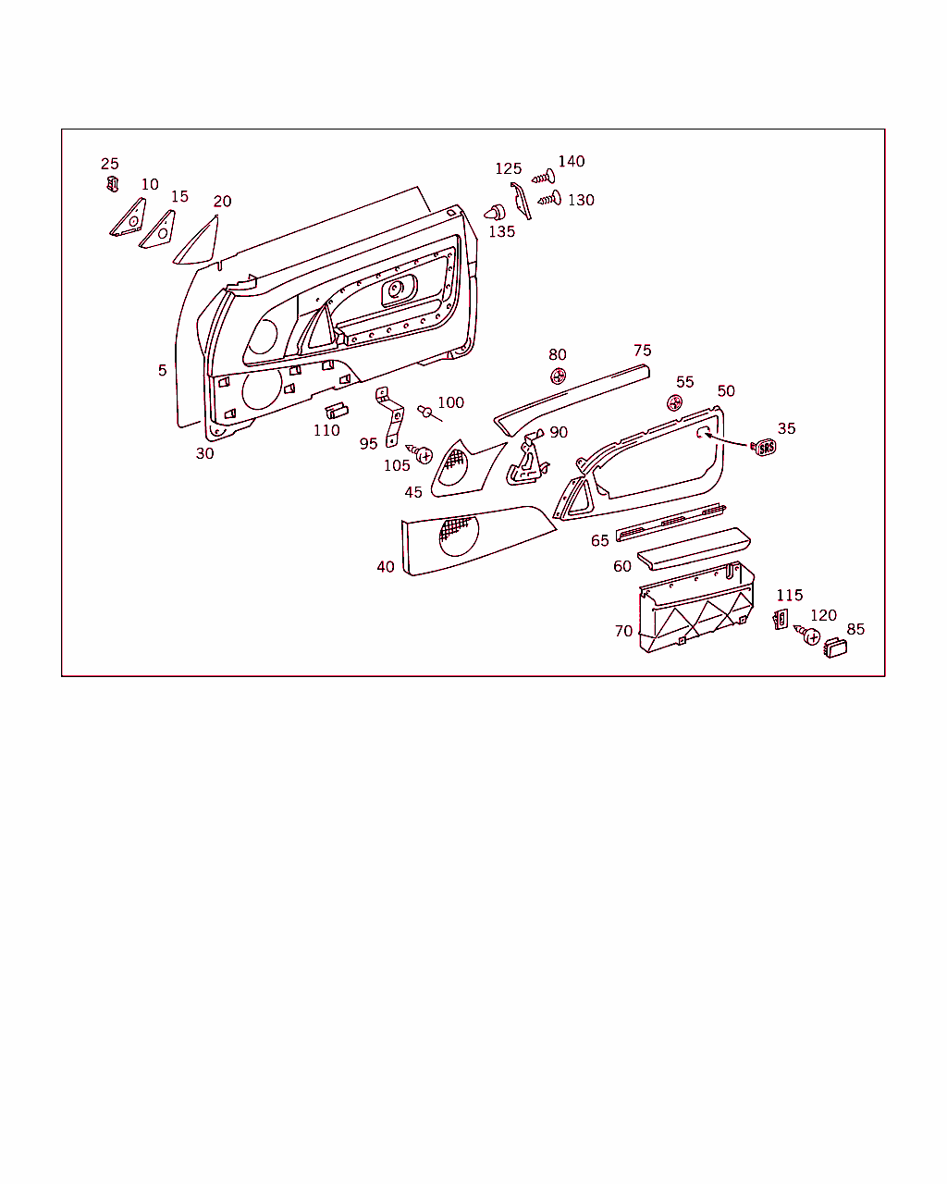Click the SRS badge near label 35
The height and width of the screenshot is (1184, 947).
click(x=764, y=448)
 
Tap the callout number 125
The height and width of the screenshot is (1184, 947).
click(x=508, y=168)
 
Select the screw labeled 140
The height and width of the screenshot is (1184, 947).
click(x=544, y=177)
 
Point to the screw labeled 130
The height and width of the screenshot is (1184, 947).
click(x=549, y=198)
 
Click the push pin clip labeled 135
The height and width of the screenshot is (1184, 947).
click(x=495, y=213)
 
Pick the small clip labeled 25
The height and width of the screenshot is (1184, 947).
click(x=112, y=184)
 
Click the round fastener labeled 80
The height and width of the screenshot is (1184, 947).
click(x=558, y=376)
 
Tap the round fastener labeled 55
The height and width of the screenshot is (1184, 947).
click(x=674, y=402)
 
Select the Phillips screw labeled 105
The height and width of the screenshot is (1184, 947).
click(x=421, y=454)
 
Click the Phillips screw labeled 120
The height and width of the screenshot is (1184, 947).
click(x=807, y=635)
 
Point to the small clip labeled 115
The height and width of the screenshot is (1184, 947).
click(x=781, y=619)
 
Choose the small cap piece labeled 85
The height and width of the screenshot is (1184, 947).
click(x=835, y=647)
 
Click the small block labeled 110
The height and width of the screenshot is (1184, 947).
click(x=337, y=411)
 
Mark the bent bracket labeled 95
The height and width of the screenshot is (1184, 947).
click(x=389, y=416)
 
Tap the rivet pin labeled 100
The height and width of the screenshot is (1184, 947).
click(x=429, y=413)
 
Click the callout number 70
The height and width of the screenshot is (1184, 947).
click(x=623, y=631)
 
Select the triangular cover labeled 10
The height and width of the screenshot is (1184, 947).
click(x=128, y=217)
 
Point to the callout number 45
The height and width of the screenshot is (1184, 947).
click(x=413, y=492)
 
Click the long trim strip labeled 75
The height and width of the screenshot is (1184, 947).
click(x=572, y=400)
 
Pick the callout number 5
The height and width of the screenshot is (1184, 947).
click(x=163, y=370)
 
